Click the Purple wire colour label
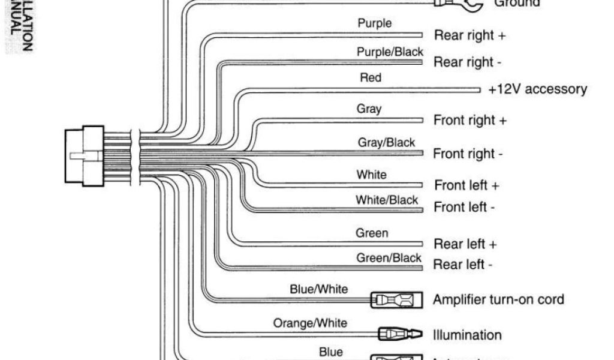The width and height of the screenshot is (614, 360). point(375,23)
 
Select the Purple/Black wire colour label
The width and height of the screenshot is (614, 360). point(390,52)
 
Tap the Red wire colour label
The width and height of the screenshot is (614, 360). point(371,77)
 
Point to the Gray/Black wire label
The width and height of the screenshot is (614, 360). point(386,143)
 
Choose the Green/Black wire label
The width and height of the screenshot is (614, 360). point(389,258)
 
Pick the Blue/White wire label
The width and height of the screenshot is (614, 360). point(319,289)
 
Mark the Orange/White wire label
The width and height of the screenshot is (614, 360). point(310,323)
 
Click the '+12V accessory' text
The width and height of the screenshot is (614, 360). point(537,89)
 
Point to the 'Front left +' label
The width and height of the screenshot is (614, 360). point(467,185)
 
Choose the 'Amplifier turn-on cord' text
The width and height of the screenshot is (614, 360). point(498,299)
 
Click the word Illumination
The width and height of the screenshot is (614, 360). point(467,335)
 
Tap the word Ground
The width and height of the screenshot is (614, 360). point(516,4)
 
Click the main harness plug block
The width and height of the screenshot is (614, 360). point(85,157)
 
